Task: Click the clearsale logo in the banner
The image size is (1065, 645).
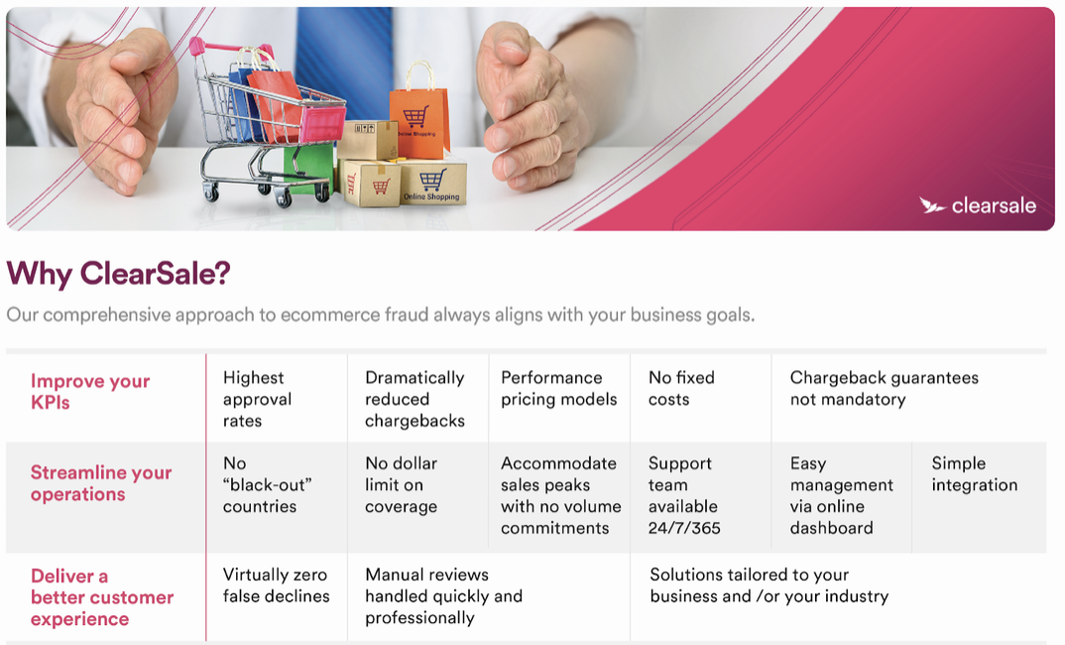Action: tap(978, 205)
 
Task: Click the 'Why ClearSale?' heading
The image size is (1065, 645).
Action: tap(118, 274)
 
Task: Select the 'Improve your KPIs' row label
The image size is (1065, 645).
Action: tap(89, 392)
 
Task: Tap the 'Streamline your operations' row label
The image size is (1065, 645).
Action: tap(100, 483)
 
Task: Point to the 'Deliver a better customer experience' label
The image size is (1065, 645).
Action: tap(102, 597)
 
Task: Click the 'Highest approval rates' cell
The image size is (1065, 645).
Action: tap(257, 399)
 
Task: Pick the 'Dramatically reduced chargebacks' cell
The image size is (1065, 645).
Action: tap(414, 399)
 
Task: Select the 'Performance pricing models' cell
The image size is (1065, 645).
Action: tap(558, 388)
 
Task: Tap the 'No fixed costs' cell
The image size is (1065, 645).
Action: tap(680, 388)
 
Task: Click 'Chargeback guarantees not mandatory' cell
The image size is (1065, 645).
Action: tap(884, 388)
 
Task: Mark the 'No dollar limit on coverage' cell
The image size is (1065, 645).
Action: tap(401, 484)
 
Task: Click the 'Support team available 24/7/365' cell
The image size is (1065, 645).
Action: tap(683, 495)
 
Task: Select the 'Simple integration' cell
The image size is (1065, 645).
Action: tap(974, 473)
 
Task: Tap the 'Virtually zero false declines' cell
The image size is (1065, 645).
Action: tap(276, 585)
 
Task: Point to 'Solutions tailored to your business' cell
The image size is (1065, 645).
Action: tap(769, 585)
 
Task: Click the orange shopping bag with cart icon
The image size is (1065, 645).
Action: tap(419, 112)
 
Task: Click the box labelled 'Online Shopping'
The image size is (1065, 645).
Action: tap(432, 183)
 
